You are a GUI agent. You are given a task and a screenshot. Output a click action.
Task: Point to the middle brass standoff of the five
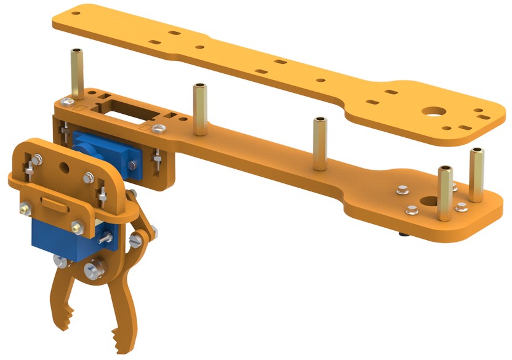pos(319,144)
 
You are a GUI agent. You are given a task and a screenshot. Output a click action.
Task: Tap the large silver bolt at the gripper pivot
pos(95,270)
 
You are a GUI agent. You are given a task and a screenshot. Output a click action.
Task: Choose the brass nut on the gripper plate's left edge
pos(23,210)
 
